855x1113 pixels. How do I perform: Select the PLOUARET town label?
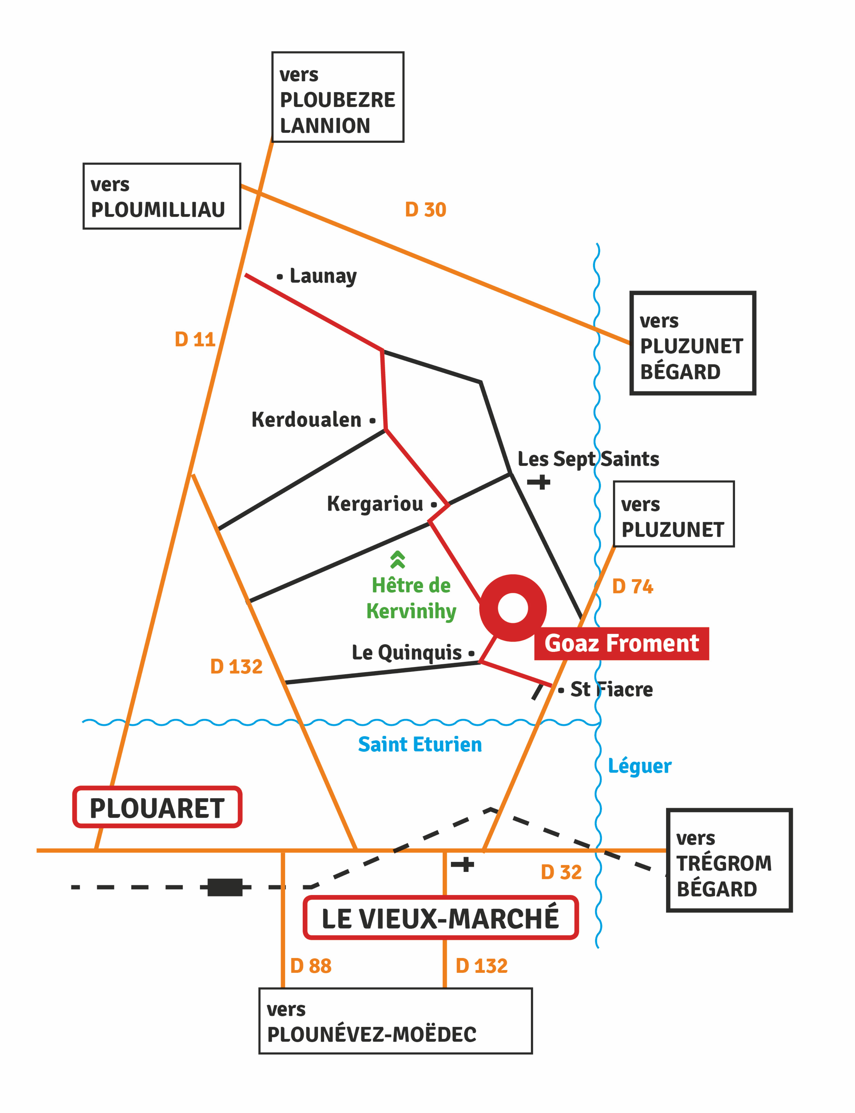[x=157, y=809]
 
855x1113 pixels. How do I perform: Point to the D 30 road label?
[x=425, y=210]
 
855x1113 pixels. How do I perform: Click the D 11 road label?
[x=195, y=339]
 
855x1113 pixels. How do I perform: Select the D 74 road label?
[x=633, y=586]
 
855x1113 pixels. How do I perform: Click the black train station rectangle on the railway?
[x=225, y=887]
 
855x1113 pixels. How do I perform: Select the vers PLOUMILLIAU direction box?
[x=162, y=196]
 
